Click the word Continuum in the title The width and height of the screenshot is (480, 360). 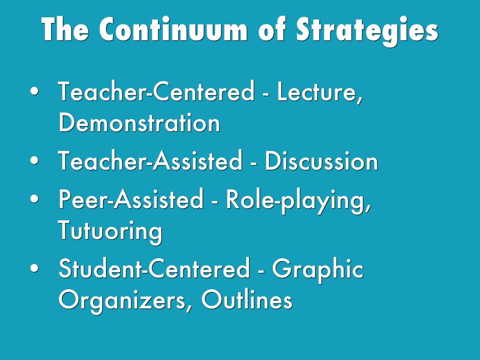click(173, 29)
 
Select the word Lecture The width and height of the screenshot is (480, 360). click(320, 91)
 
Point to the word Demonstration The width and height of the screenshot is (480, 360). click(139, 123)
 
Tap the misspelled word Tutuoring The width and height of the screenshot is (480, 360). click(110, 232)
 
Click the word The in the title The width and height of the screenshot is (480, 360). click(65, 29)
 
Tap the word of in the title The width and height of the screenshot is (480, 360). click(272, 29)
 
